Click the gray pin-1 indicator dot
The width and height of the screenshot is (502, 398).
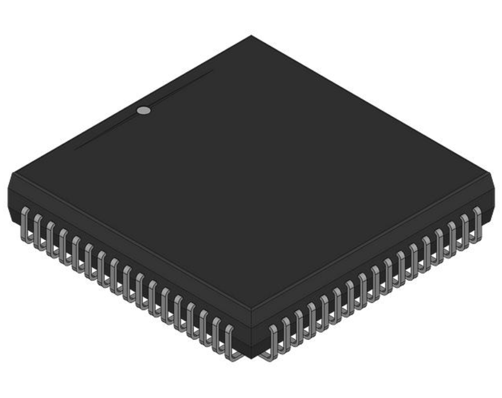coord(143,111)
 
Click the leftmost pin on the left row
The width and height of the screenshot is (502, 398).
coord(24,223)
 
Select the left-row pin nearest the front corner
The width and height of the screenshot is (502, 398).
coord(229,341)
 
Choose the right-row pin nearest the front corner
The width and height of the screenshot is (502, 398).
coord(274,341)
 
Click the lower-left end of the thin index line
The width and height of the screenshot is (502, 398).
coord(74,148)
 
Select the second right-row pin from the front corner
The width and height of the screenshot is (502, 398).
coord(286,333)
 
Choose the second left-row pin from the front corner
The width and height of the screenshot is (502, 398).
coord(217,333)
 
